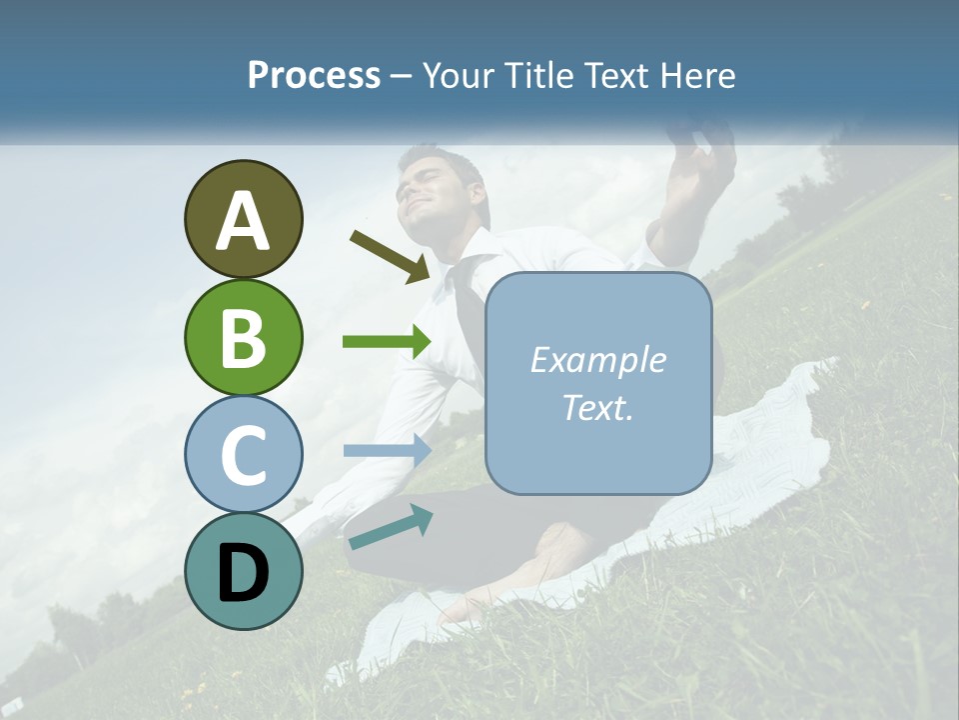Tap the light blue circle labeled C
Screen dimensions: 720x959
(x=244, y=454)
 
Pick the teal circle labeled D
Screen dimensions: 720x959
(x=244, y=571)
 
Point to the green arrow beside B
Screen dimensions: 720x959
(x=386, y=342)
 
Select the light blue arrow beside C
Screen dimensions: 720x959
(x=386, y=450)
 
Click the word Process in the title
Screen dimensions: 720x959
(x=314, y=75)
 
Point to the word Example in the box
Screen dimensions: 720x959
(x=597, y=360)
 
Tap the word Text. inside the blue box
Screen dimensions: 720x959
(x=597, y=407)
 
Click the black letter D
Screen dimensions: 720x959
(x=244, y=572)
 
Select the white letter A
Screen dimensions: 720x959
(x=244, y=220)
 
